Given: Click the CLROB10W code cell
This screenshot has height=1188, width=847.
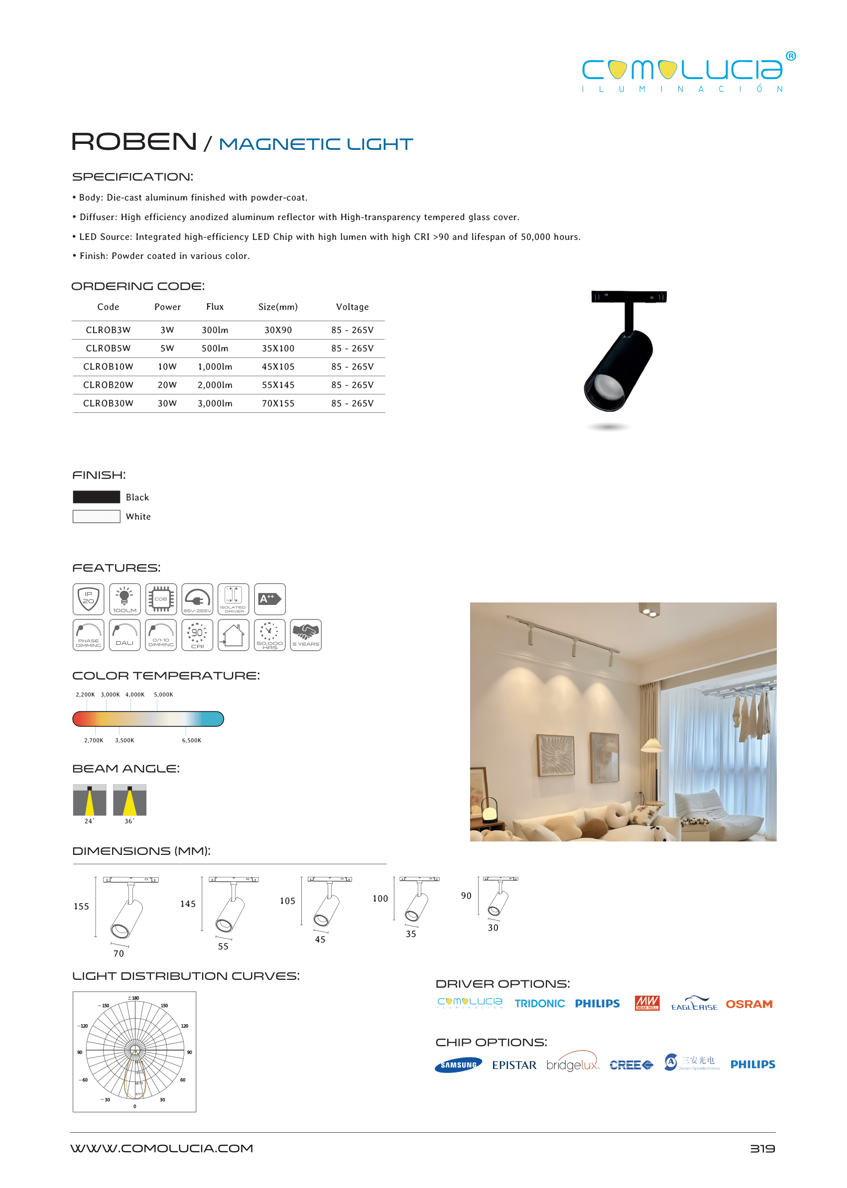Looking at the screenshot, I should coord(108,366).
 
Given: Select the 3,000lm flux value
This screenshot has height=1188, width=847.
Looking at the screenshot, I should coord(215,403).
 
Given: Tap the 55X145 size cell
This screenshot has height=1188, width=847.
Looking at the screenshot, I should coord(278,385).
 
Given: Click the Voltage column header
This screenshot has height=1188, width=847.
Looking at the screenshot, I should coord(352,307).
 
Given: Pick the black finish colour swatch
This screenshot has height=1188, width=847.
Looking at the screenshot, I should coord(97,496).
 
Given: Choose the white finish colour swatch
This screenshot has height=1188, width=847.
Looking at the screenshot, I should coord(97,516).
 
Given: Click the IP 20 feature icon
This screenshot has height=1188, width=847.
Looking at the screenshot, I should coord(89,598).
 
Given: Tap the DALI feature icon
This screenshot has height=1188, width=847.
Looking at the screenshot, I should coord(124,635).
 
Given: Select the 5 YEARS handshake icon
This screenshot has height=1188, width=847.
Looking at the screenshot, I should coord(306,635).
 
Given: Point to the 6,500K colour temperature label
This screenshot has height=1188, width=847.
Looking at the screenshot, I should coord(191,740).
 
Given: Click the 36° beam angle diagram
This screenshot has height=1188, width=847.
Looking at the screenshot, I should coord(129,800).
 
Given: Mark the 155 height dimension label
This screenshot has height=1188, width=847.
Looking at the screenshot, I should coord(81,906).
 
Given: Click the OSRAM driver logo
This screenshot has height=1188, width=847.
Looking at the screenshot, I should coord(748,1004).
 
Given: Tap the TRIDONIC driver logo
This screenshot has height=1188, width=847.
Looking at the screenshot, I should coord(539,1003).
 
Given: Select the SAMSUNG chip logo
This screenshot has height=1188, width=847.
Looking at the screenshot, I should coord(459,1065).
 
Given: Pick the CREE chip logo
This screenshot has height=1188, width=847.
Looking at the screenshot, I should coord(631,1065).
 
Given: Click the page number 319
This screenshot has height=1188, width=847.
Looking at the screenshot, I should coord(762,1148).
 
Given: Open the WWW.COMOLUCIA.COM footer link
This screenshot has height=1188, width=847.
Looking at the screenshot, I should coord(162,1148).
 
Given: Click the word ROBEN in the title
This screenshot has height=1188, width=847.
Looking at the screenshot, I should coord(134,142).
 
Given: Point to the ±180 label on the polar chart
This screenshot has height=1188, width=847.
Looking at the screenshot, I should coord(134,998).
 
